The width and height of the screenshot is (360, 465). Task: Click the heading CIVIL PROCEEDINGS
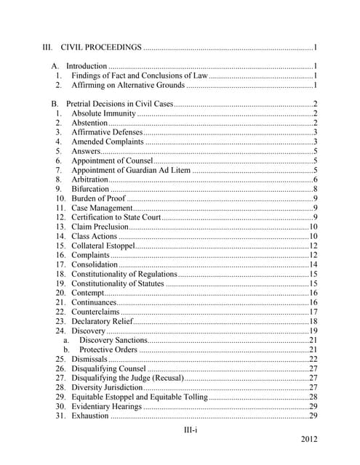[101, 48]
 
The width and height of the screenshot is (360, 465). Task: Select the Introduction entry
[87, 66]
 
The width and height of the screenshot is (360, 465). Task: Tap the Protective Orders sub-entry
[108, 349]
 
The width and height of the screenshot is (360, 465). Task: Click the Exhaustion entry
[90, 416]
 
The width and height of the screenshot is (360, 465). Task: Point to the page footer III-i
[191, 431]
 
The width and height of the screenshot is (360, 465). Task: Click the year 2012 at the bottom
[308, 441]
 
